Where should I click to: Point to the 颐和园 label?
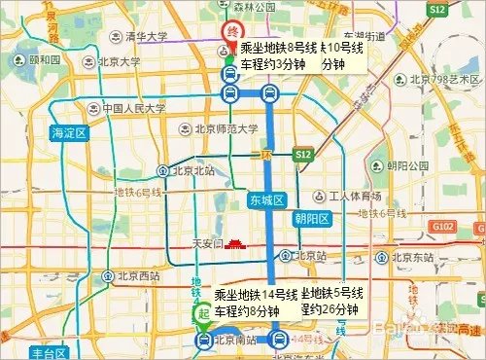[x=45, y=58]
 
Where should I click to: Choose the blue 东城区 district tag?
[x=264, y=199]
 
